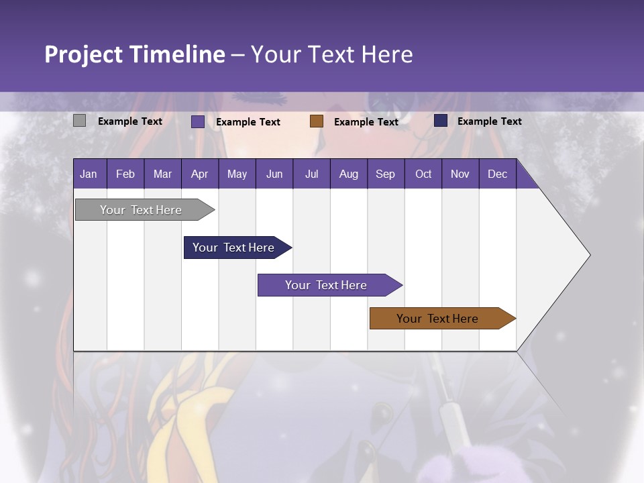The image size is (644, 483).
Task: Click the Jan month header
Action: click(89, 174)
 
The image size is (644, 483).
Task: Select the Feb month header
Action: click(125, 174)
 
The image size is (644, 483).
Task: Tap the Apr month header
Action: click(199, 174)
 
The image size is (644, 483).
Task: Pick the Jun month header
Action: click(274, 174)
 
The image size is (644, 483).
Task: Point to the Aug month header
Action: click(348, 174)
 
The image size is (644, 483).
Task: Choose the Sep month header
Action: click(385, 174)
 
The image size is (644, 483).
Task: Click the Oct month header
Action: click(423, 174)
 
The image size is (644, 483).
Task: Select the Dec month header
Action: click(497, 174)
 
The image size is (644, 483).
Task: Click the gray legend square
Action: click(79, 121)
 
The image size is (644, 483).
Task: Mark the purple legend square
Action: click(198, 121)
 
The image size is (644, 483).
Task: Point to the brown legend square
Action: click(317, 121)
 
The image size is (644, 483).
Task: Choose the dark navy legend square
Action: click(441, 120)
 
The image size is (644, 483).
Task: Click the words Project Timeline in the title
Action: click(135, 54)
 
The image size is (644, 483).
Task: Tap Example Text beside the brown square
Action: click(366, 121)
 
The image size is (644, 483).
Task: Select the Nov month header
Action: click(460, 174)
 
